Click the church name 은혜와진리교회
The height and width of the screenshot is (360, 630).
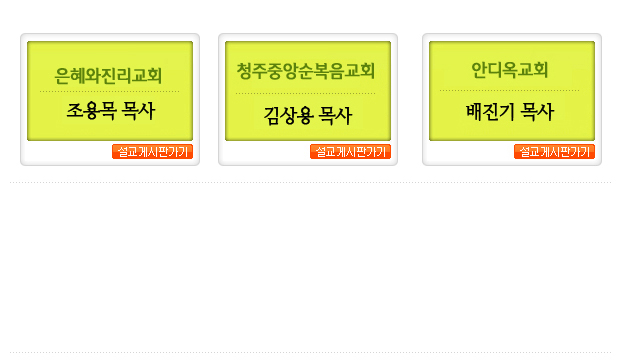coord(109,74)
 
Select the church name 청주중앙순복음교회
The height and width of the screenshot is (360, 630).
coord(306,70)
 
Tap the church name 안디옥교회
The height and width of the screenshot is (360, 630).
coord(510,70)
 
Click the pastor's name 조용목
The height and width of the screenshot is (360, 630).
coord(88,111)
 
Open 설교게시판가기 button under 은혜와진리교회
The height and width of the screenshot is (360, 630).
coord(152,152)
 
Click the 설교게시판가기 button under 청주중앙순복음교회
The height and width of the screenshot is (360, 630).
coord(350,152)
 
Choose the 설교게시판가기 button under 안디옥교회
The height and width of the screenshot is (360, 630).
coord(554,152)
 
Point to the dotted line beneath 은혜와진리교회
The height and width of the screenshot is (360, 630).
coord(109,92)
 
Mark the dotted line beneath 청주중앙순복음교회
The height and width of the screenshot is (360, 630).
coord(306,94)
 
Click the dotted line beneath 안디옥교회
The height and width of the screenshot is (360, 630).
coord(510,90)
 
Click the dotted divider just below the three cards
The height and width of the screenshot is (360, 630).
coord(310,183)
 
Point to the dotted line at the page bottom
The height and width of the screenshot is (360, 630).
coord(310,352)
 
